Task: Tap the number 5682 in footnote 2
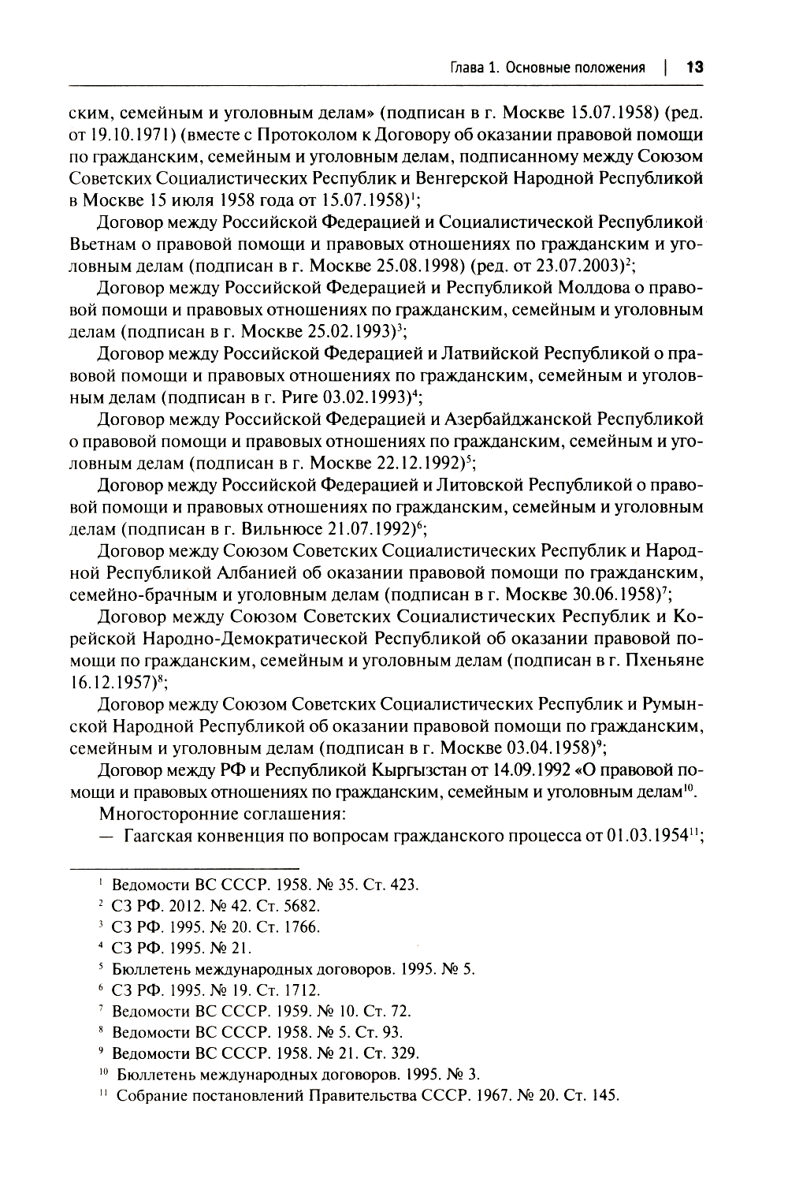302,905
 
